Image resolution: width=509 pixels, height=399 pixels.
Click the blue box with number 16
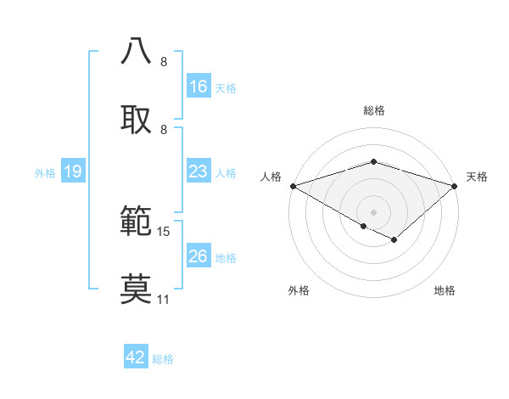(x=199, y=87)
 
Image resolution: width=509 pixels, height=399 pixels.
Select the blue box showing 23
(x=199, y=172)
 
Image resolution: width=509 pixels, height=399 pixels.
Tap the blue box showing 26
(x=199, y=256)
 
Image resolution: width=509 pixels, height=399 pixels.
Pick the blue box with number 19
(x=73, y=172)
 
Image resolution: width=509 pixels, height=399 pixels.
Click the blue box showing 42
(x=136, y=357)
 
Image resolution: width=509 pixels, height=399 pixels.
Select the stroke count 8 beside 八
(x=164, y=62)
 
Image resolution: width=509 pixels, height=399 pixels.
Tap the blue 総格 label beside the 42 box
(x=163, y=359)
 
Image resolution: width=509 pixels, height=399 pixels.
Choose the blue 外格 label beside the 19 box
(x=45, y=173)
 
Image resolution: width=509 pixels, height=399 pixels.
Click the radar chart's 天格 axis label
(x=478, y=177)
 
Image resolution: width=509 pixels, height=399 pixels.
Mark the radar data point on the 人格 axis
(x=293, y=185)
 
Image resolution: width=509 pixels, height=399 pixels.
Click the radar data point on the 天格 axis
(x=456, y=186)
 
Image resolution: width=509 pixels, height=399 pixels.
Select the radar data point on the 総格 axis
(x=373, y=161)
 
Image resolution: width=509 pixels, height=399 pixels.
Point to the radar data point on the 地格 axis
(x=394, y=240)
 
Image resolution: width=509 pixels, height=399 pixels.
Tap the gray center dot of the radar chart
(x=373, y=211)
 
